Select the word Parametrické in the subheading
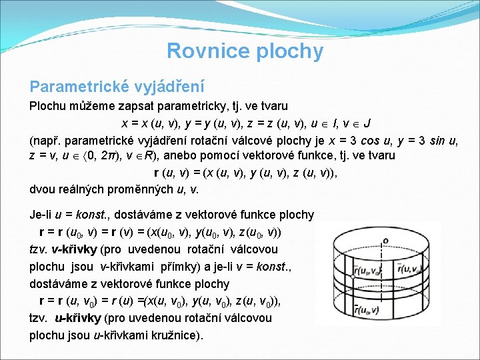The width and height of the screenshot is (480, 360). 73,87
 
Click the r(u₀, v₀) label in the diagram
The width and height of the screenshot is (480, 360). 368,271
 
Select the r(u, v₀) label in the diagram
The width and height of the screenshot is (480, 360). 411,270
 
